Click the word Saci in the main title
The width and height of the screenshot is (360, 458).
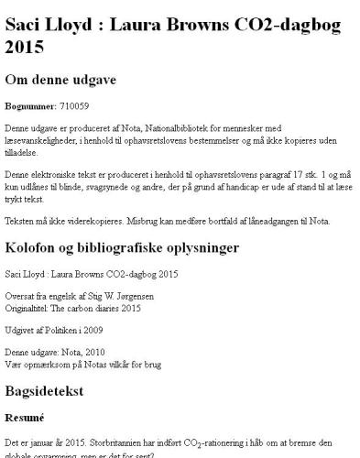(25, 24)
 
